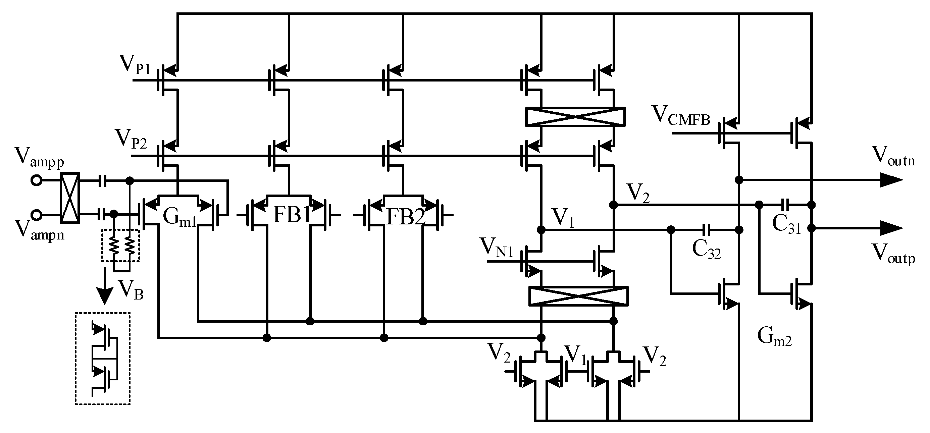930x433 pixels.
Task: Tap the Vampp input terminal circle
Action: [x=36, y=180]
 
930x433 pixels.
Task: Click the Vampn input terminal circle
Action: [x=36, y=215]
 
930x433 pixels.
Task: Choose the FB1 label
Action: [x=292, y=215]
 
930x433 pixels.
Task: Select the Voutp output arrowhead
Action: [x=890, y=228]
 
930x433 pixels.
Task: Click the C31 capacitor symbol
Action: [x=785, y=205]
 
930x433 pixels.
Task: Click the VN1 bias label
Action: [x=497, y=248]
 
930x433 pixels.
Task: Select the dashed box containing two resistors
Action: [x=120, y=246]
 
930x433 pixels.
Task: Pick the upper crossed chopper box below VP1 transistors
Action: [x=575, y=116]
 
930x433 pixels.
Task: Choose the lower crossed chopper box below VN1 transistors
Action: [x=578, y=296]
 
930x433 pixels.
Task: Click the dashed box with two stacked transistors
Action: [x=103, y=358]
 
